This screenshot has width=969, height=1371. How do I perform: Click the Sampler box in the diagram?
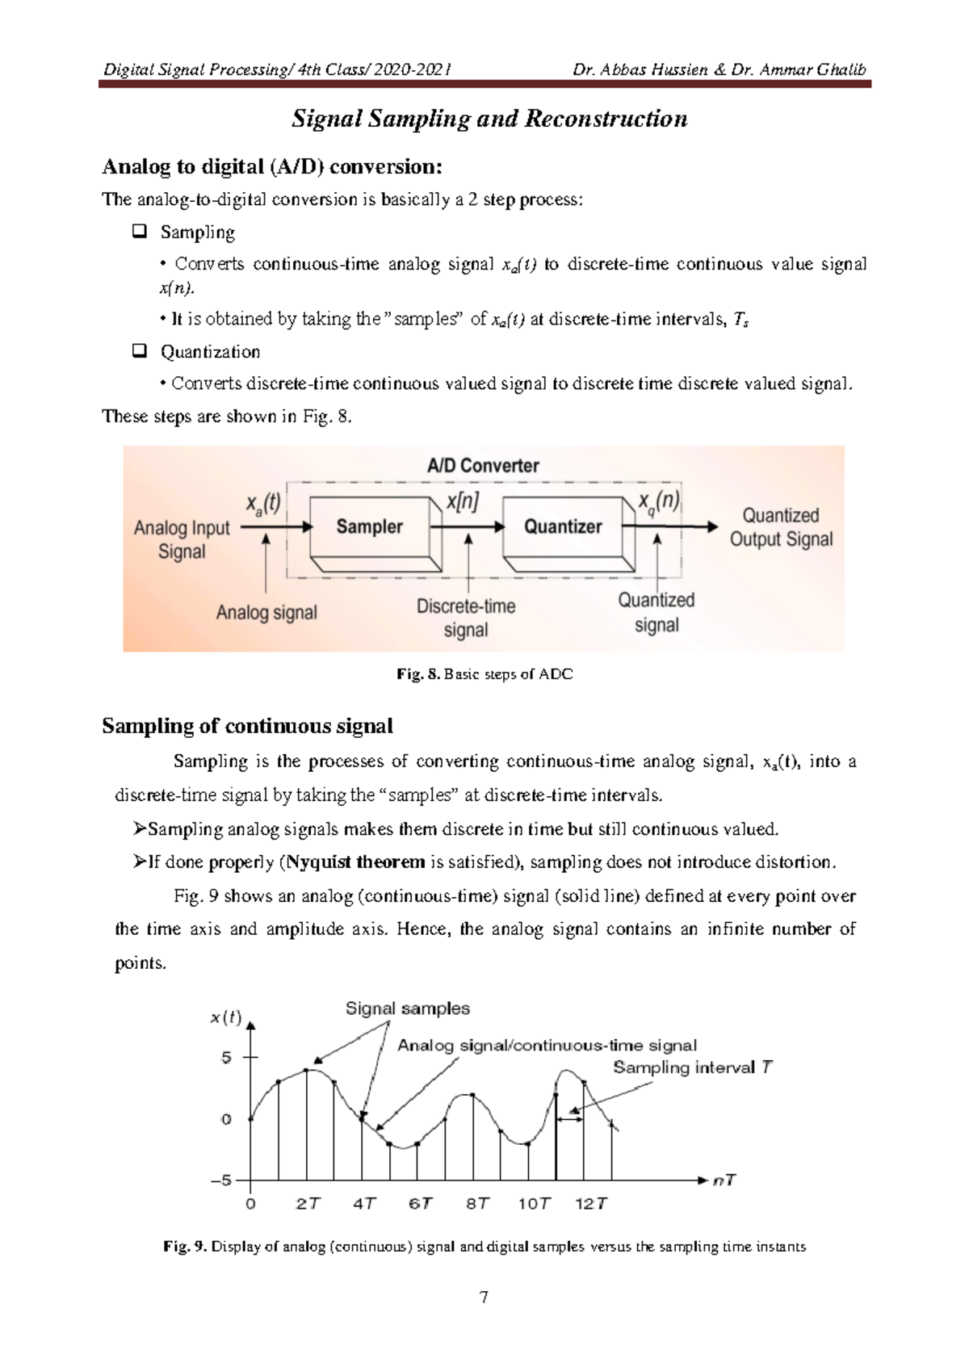click(x=370, y=526)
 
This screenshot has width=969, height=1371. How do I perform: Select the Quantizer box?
click(x=563, y=526)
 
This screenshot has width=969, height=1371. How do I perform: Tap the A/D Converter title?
click(x=483, y=466)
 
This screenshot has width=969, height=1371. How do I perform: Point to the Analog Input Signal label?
click(x=182, y=539)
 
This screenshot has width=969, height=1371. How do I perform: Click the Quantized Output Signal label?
click(x=781, y=527)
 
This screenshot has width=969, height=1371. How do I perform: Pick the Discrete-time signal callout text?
click(x=466, y=618)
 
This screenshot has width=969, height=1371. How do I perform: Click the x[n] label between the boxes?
click(x=463, y=501)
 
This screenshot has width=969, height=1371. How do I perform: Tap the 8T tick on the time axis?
click(x=477, y=1204)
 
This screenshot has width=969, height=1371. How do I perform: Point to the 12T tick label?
click(x=590, y=1204)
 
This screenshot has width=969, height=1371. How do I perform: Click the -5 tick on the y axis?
click(x=221, y=1180)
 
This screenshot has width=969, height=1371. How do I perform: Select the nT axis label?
click(x=724, y=1180)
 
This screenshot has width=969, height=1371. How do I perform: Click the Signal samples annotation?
click(x=407, y=1008)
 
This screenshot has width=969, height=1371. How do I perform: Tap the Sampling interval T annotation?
click(x=692, y=1067)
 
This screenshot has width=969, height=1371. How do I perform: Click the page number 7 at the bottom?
click(x=484, y=1298)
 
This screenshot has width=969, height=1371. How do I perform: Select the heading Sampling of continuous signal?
click(x=247, y=726)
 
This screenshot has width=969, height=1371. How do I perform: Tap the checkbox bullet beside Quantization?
click(x=139, y=351)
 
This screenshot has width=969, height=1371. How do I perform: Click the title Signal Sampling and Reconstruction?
click(x=489, y=119)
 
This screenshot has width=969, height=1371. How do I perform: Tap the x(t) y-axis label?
click(x=226, y=1017)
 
